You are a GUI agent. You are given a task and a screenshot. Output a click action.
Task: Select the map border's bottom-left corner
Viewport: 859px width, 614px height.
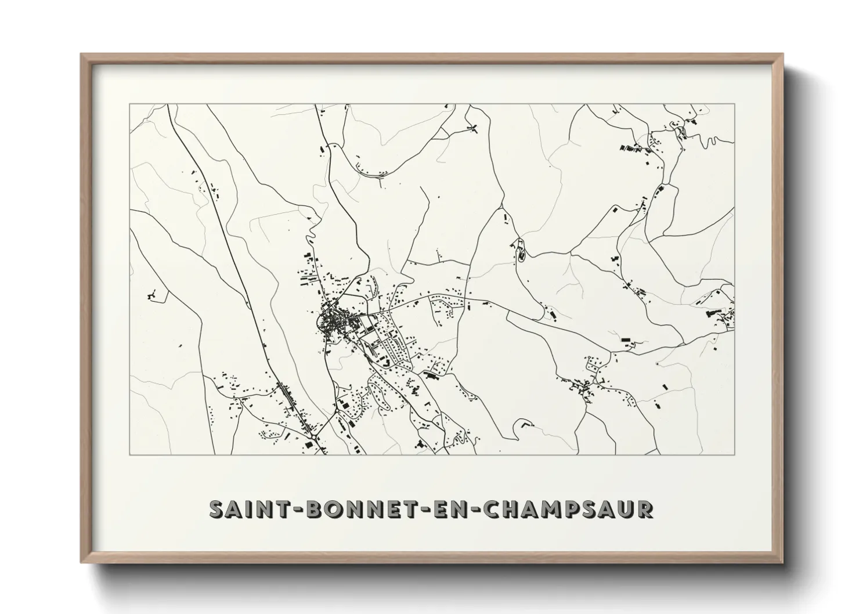point(129,454)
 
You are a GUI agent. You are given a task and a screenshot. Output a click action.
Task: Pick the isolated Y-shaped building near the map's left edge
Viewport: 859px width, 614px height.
point(153,295)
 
